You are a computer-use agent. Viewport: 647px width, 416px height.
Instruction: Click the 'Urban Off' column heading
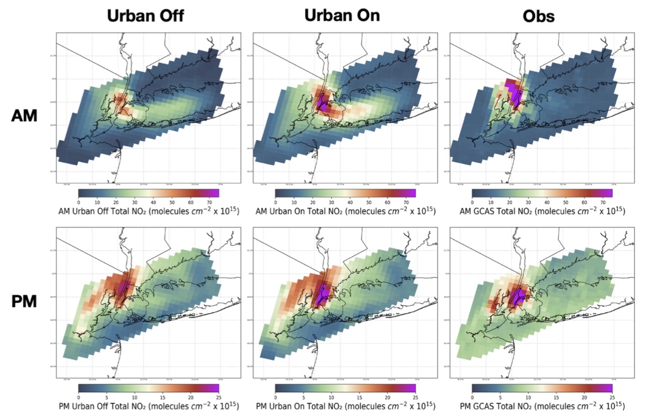coord(145,16)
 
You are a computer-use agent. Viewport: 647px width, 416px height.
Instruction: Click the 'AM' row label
coord(25,116)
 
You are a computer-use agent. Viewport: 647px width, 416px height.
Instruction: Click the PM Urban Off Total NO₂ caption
coord(148,407)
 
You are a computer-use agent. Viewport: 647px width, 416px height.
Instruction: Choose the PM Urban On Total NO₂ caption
coord(345,407)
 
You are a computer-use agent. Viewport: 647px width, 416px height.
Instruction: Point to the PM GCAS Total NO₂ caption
coord(542,407)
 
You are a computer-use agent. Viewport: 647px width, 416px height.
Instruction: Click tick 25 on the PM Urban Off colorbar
coord(219,397)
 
